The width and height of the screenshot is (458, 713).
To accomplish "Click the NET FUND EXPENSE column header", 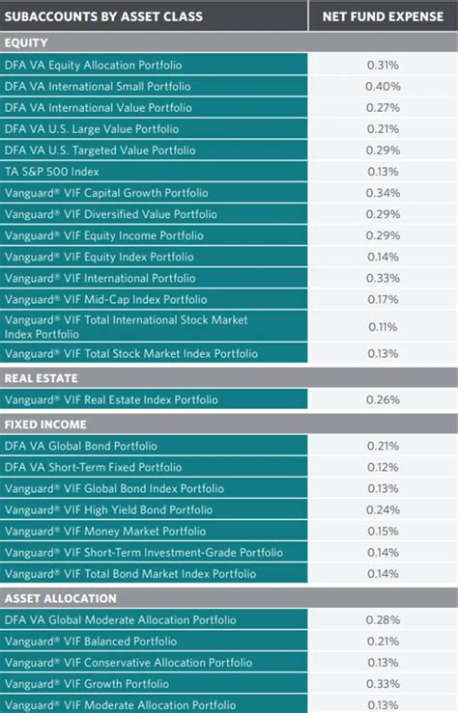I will (x=383, y=15).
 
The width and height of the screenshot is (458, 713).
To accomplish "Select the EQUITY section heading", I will (x=26, y=42).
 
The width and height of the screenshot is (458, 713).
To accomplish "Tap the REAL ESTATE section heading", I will (x=41, y=378).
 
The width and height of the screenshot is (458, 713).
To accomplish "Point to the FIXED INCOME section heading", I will (x=45, y=424).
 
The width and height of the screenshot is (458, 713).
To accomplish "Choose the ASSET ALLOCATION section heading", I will (x=60, y=598).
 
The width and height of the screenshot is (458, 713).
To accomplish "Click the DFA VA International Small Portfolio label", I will (x=98, y=86).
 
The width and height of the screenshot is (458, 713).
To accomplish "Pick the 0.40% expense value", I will (x=383, y=86).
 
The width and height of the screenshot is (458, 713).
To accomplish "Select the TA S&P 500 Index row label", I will (x=58, y=171).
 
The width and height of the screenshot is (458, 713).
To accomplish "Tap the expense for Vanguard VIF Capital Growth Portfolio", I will (x=383, y=192).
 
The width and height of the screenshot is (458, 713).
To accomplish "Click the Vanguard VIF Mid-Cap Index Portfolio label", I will (x=105, y=299).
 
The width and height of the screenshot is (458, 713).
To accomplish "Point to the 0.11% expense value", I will (x=383, y=326).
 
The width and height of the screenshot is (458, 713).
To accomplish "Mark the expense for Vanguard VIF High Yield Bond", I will (x=383, y=509).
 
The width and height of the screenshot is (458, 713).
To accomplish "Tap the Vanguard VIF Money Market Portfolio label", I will (x=104, y=531).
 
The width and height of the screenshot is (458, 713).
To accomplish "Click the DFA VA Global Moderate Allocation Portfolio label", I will (x=120, y=620).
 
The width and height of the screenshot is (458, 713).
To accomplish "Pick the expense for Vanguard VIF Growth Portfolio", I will (x=383, y=684).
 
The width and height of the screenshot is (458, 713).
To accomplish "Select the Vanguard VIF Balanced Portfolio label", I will (x=91, y=642).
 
